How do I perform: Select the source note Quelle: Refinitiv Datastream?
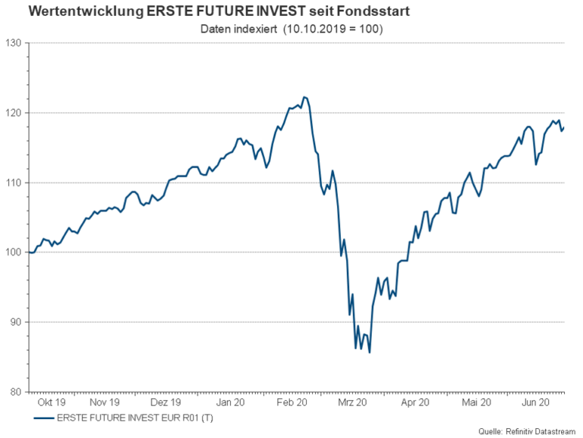(x=527, y=431)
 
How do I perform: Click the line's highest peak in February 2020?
(x=304, y=97)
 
